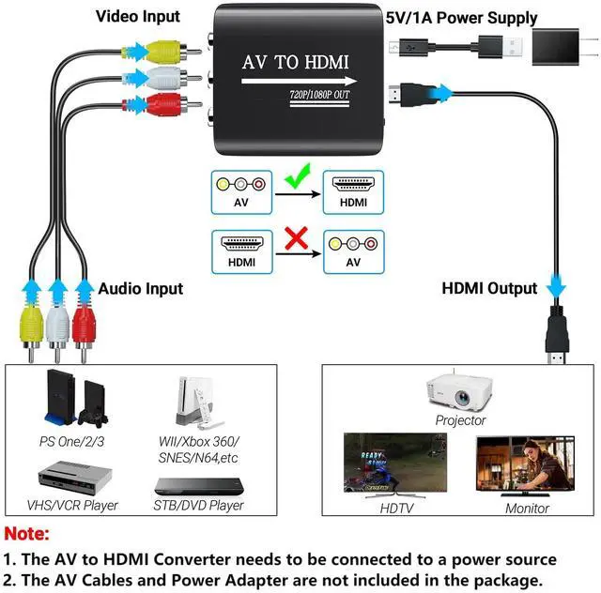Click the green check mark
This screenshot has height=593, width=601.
pyautogui.click(x=298, y=177)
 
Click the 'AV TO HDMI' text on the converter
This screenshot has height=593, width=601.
pyautogui.click(x=295, y=63)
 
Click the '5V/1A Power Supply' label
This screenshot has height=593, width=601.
pyautogui.click(x=461, y=17)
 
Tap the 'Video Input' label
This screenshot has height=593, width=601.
pyautogui.click(x=137, y=17)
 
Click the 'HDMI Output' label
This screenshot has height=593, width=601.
pyautogui.click(x=489, y=288)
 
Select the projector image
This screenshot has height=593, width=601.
pyautogui.click(x=460, y=391)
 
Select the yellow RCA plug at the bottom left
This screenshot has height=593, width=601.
pyautogui.click(x=33, y=328)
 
